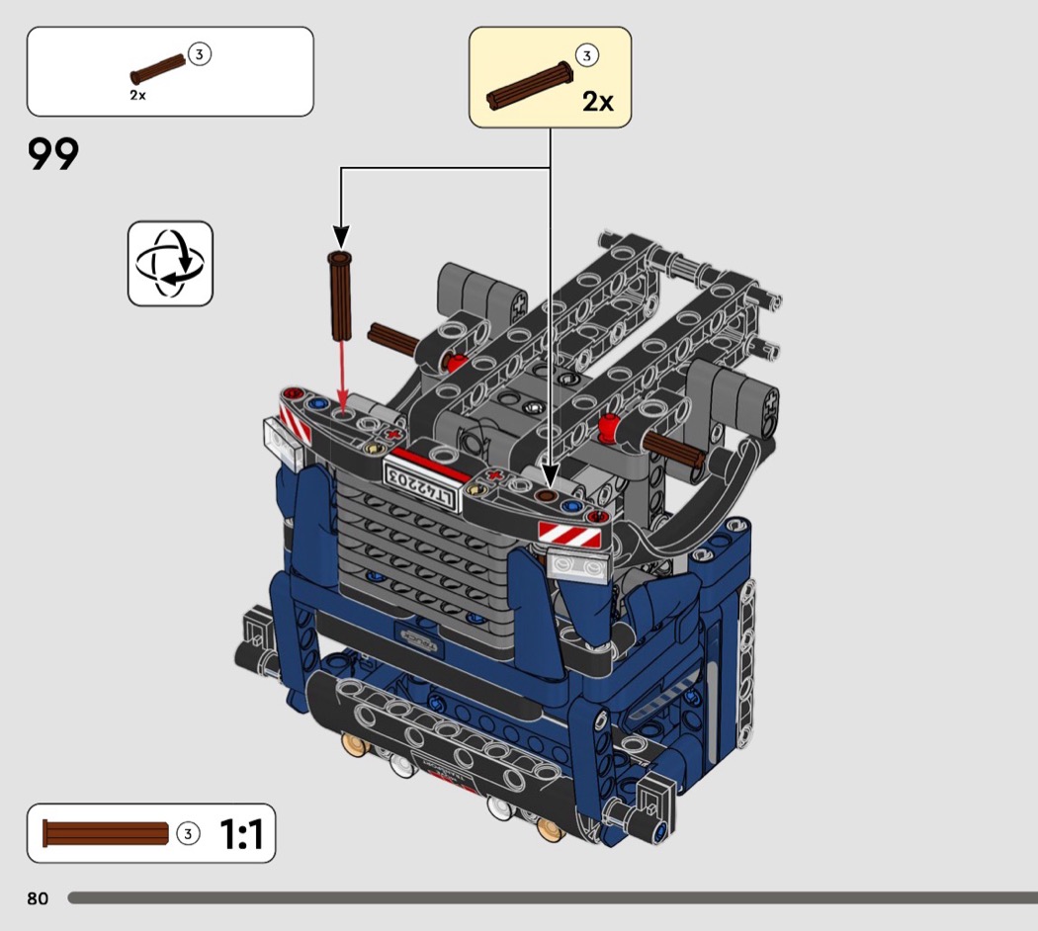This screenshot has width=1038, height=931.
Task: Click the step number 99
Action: pos(53,154)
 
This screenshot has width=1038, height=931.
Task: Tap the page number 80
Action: pos(38,898)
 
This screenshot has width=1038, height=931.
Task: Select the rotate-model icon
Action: pos(170,263)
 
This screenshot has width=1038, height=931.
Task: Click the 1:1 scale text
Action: pos(241,834)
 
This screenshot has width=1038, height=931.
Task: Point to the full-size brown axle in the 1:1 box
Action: pos(105,834)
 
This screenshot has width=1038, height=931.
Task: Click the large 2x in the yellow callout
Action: pos(598,101)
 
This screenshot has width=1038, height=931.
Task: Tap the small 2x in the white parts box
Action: pos(137,95)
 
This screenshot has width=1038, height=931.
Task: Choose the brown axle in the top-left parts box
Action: pos(158,69)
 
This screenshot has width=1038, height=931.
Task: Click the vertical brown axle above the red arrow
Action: pos(340,296)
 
